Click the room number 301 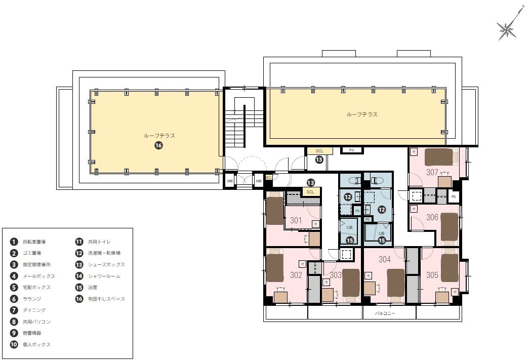pyautogui.click(x=296, y=220)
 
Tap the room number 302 pyautogui.click(x=296, y=275)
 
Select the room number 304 pyautogui.click(x=385, y=260)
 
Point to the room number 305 pyautogui.click(x=432, y=275)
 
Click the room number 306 pyautogui.click(x=432, y=217)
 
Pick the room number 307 pyautogui.click(x=432, y=172)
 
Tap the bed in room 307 pyautogui.click(x=438, y=157)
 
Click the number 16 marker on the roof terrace pyautogui.click(x=158, y=146)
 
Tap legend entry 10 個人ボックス pyautogui.click(x=33, y=344)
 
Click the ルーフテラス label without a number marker pyautogui.click(x=362, y=114)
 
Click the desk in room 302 pyautogui.click(x=280, y=297)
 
